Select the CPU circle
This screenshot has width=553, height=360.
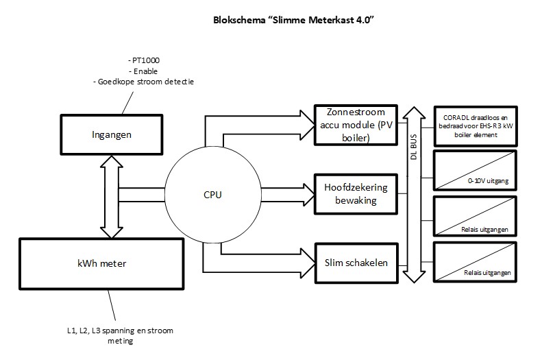(213, 194)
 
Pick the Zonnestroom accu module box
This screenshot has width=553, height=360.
(355, 124)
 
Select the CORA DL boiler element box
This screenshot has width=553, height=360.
(474, 125)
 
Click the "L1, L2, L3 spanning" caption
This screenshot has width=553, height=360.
(115, 331)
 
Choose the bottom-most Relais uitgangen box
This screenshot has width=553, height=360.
(474, 261)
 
